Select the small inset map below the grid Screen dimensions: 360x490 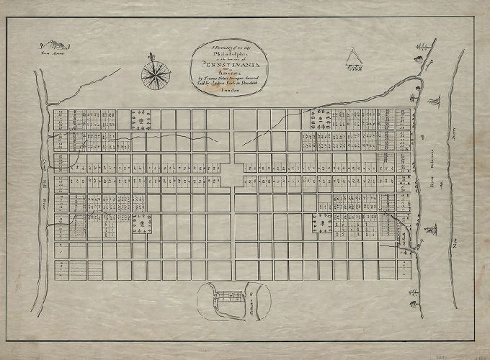pos(233,301)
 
